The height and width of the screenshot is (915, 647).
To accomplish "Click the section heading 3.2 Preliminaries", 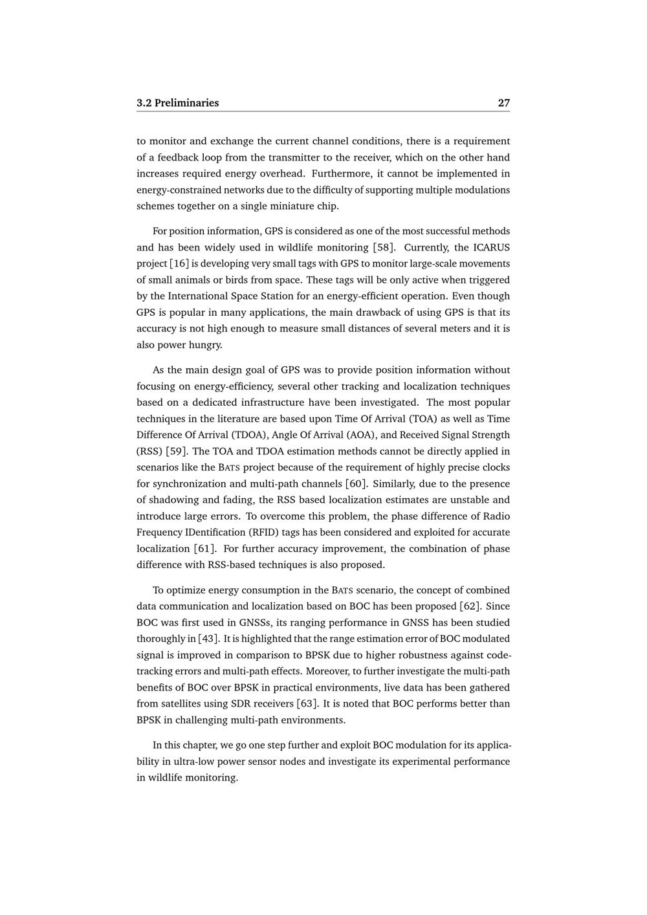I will (x=177, y=103).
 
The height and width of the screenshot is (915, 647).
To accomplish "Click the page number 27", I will (x=503, y=103).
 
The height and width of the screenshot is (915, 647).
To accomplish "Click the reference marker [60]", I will (x=356, y=483).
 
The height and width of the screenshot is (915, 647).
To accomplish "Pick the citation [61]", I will (x=204, y=548).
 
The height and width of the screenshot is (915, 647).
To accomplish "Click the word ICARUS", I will (x=491, y=247).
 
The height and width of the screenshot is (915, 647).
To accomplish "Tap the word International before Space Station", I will (x=197, y=296).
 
